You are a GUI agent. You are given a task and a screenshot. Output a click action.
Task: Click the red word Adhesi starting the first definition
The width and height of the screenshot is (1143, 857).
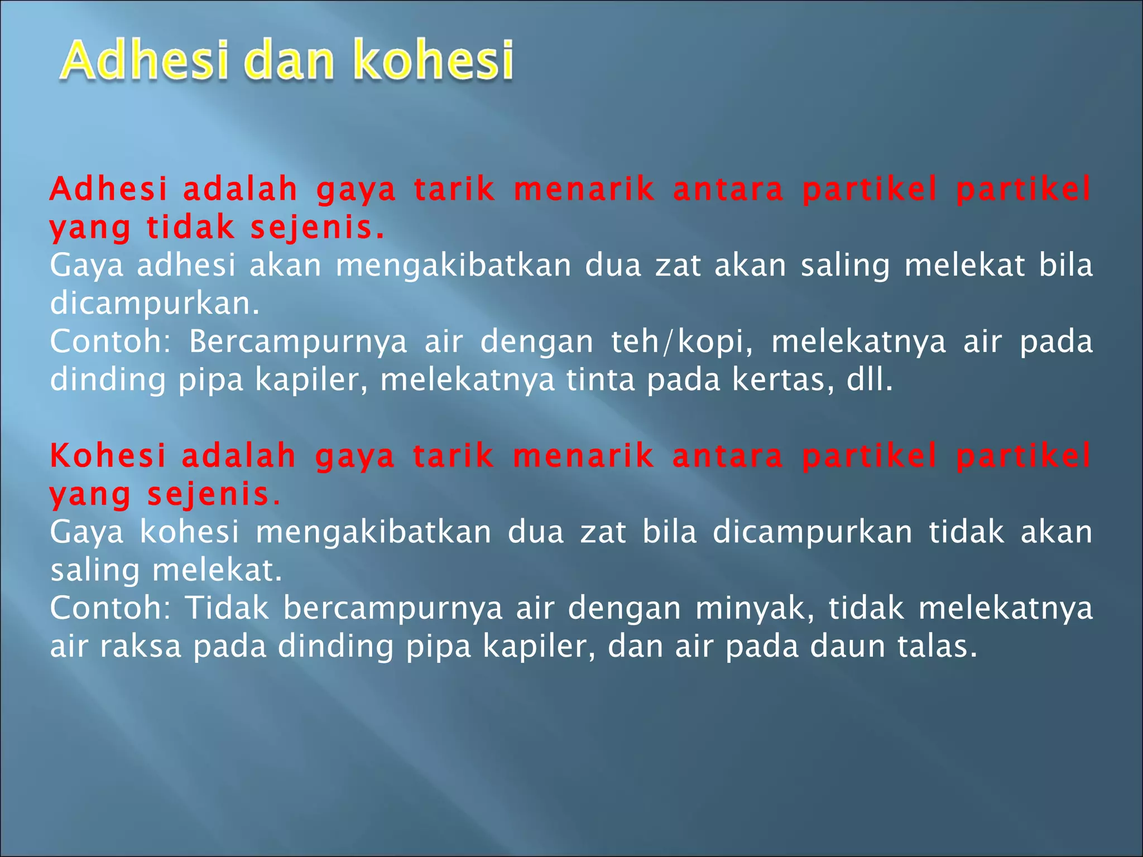tap(108, 189)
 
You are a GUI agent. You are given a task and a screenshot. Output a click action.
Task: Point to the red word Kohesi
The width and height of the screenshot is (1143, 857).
tap(108, 456)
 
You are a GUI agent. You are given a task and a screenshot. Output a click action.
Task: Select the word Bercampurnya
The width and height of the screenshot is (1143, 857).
tap(298, 341)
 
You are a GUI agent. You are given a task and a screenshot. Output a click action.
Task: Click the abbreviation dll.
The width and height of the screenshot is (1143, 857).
tap(870, 380)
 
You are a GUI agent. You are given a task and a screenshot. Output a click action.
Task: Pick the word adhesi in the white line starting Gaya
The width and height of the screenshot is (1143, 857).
tap(186, 265)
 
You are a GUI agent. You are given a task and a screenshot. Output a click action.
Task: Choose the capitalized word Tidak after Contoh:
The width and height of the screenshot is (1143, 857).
tap(227, 608)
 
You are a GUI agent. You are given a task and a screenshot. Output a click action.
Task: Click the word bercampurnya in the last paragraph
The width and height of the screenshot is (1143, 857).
tap(393, 608)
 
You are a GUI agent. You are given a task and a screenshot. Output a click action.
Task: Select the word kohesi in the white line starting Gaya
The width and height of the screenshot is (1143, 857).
tap(189, 532)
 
